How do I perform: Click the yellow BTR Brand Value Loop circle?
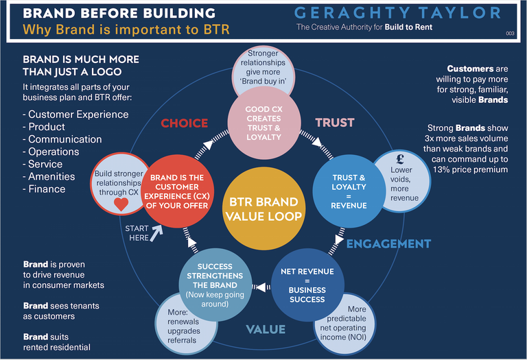[263, 208]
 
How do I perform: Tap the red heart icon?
[121, 204]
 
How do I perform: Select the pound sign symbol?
[400, 158]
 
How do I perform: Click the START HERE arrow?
[156, 232]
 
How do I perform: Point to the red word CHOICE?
[184, 123]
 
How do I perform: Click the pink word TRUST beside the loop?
[335, 123]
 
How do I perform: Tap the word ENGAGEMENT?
[388, 244]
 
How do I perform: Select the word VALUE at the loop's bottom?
[266, 329]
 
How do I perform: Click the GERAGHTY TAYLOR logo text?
[397, 13]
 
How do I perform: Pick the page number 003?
[510, 33]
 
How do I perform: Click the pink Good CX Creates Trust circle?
[263, 123]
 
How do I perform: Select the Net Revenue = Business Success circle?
[307, 285]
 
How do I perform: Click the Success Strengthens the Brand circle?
[215, 285]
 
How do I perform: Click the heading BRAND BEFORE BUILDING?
[119, 13]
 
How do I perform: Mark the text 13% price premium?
[470, 169]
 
